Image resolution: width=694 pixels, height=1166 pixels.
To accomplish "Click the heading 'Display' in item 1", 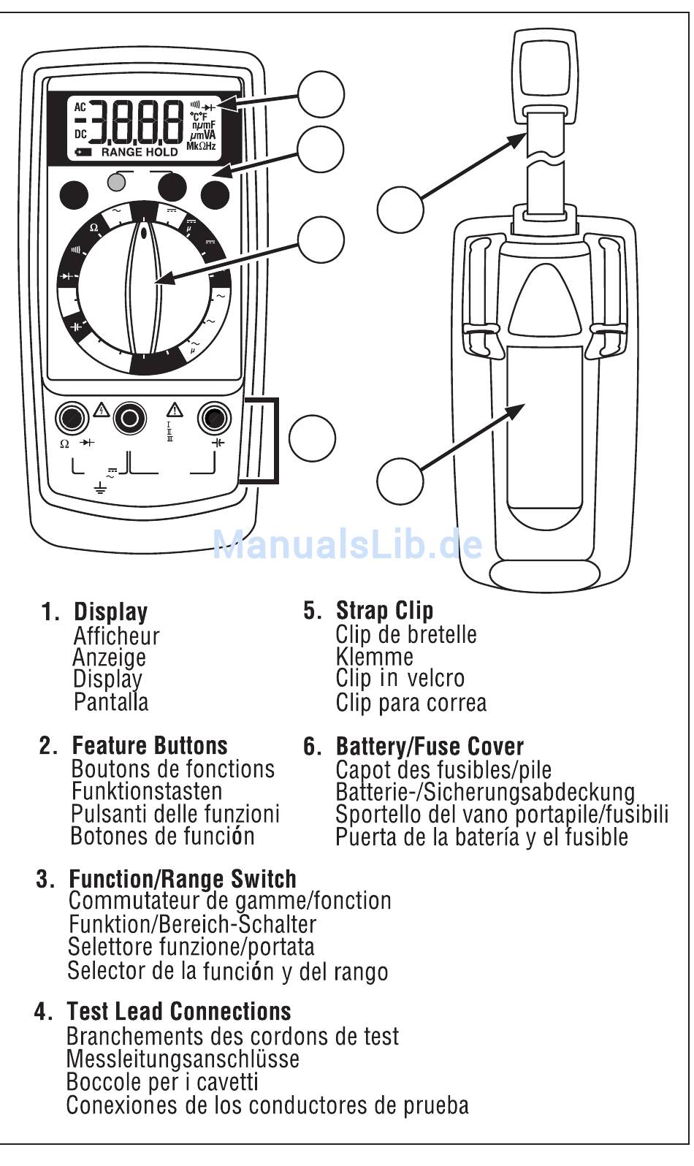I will [111, 612].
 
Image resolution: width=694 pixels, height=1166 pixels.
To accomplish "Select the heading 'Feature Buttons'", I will [150, 746].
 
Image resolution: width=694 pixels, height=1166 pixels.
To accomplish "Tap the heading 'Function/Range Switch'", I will [183, 879].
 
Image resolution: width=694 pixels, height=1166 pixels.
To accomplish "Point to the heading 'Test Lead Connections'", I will [179, 1012].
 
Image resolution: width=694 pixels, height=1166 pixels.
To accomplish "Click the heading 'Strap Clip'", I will [384, 611].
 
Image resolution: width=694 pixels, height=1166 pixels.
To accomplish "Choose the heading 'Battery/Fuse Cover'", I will [430, 747].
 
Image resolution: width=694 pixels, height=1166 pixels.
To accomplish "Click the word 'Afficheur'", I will [116, 636].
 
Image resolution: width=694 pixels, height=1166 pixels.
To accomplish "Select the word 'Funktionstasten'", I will [147, 791].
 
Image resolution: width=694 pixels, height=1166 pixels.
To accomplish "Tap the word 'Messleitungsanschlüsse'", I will [183, 1059].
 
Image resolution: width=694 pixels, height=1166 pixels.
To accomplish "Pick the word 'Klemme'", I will [374, 656].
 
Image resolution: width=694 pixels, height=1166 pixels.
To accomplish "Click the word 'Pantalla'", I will [111, 702].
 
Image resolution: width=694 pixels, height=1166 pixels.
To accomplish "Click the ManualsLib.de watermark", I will [347, 544].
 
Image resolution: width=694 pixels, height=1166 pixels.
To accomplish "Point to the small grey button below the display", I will [116, 181].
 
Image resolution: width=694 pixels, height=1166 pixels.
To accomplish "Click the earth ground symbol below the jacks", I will [101, 486].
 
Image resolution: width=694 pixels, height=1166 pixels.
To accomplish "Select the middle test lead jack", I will [130, 418].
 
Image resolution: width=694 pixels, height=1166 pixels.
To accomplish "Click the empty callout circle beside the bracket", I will [312, 438].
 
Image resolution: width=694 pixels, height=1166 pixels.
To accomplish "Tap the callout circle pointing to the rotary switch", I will [321, 239].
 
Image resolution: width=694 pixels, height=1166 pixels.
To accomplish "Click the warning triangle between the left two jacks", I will [101, 409].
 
